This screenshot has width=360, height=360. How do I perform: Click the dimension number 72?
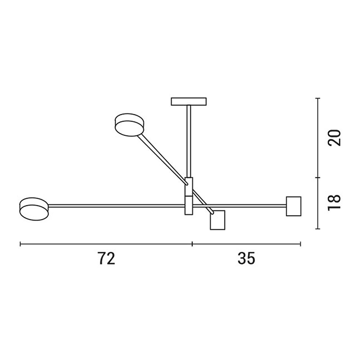106,258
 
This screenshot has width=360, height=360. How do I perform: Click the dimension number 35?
246,258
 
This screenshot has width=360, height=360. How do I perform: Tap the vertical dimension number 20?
334,138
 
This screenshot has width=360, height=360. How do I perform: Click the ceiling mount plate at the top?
189,102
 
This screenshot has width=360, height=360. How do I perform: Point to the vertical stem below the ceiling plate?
189,141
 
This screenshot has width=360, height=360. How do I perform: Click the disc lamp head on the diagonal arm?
130,125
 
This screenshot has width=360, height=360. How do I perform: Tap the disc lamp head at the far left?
34,209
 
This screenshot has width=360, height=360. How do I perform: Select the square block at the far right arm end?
294,206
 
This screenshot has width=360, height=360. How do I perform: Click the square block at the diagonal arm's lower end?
218,220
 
